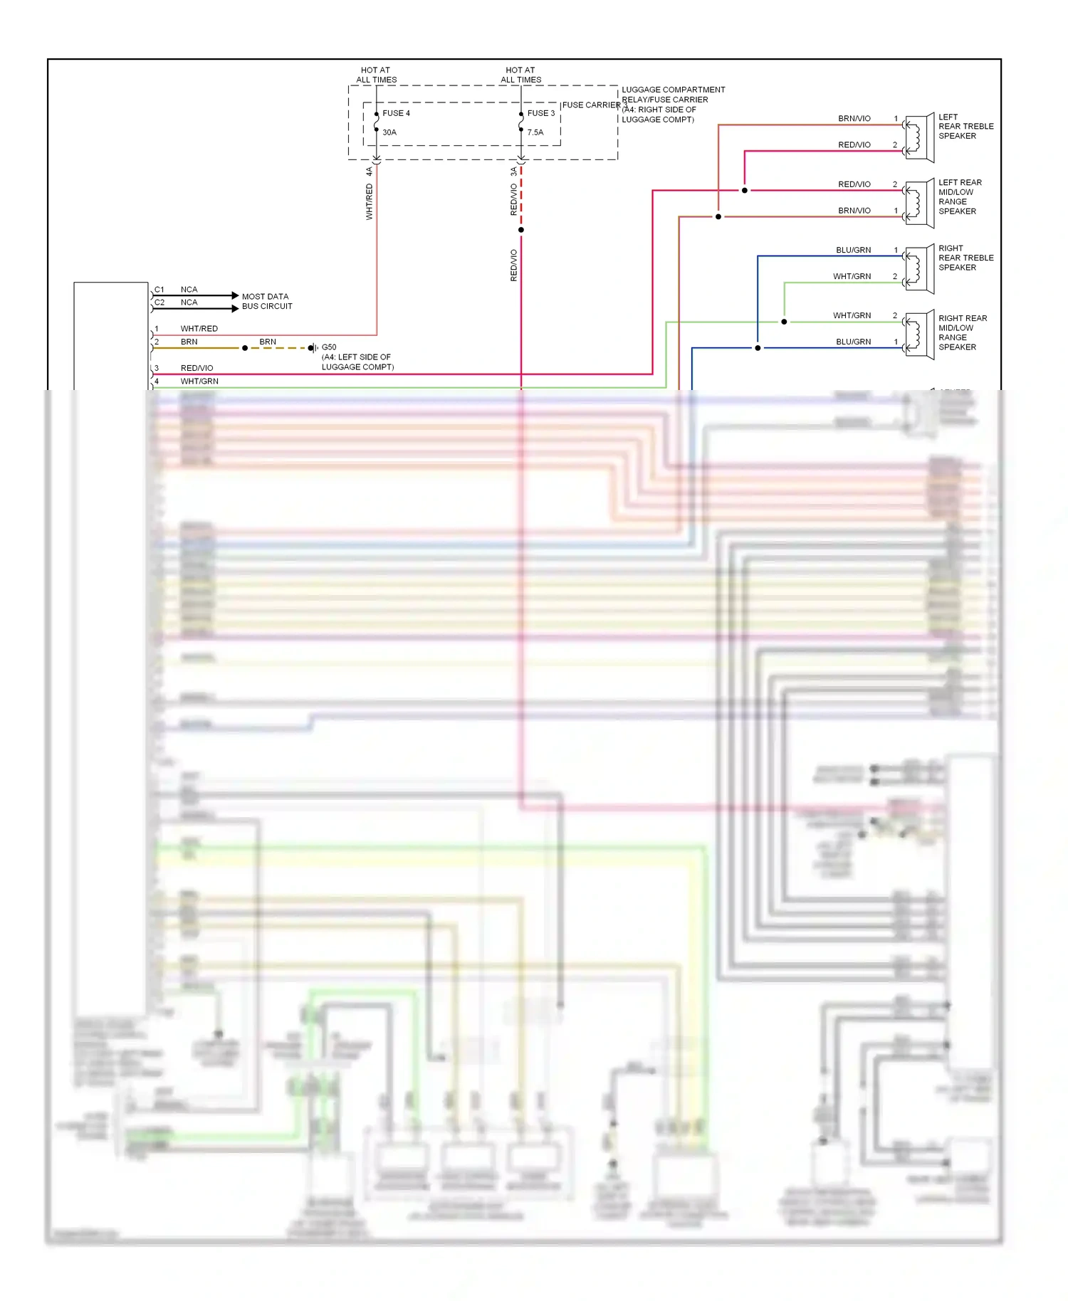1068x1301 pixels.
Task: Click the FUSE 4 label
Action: [396, 113]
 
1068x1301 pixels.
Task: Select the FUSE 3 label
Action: [540, 113]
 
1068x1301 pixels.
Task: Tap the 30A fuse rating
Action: [389, 132]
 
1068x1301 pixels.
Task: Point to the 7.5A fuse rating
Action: [535, 132]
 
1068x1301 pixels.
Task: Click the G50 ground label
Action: [329, 347]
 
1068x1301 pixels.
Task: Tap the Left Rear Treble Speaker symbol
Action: [919, 137]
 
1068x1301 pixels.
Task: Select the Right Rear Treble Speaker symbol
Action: [919, 269]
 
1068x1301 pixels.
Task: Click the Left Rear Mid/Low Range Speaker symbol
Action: [919, 204]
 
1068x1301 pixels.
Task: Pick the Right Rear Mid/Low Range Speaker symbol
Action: [919, 335]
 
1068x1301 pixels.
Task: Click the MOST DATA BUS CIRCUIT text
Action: [267, 301]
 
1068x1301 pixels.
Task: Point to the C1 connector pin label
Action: [159, 290]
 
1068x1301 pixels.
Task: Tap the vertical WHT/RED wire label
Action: [369, 201]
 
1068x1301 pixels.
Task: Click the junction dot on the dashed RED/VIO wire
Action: [521, 230]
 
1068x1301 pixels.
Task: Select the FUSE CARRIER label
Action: [591, 105]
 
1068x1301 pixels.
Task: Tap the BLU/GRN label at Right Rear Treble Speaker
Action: [853, 250]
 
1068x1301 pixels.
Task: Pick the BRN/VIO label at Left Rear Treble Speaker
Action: [854, 118]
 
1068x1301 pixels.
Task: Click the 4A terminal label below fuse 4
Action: [369, 172]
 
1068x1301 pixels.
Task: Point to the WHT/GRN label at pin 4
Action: [199, 381]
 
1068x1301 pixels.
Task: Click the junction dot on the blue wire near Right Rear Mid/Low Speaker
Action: [758, 348]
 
